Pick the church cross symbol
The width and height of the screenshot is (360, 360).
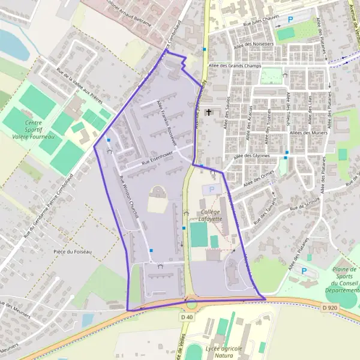coord(209,112)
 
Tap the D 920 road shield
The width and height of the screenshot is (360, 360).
coord(328,307)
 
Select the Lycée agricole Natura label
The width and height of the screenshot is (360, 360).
coord(223,351)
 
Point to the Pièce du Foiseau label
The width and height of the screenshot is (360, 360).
coord(72,251)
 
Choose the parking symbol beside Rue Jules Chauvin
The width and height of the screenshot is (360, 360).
coord(290,20)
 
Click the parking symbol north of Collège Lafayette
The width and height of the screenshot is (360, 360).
coord(210,190)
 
